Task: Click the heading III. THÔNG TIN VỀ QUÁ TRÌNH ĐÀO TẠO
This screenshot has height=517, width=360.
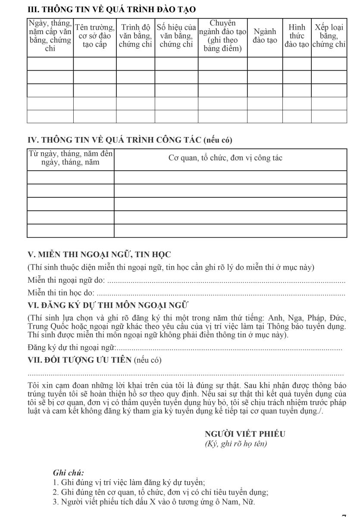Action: point(111,9)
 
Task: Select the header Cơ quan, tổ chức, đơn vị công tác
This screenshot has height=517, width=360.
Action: point(225,158)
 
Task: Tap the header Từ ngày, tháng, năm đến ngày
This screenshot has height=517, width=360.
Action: point(70,158)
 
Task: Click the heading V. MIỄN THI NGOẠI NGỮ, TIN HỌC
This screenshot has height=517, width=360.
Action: point(99,255)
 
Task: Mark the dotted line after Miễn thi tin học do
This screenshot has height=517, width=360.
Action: point(225,294)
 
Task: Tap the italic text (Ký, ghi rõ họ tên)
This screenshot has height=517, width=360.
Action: point(236,444)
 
